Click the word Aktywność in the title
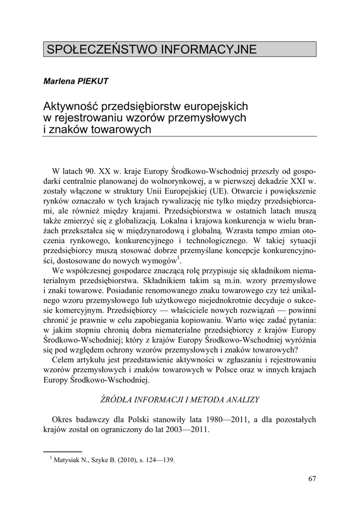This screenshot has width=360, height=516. (71, 107)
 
